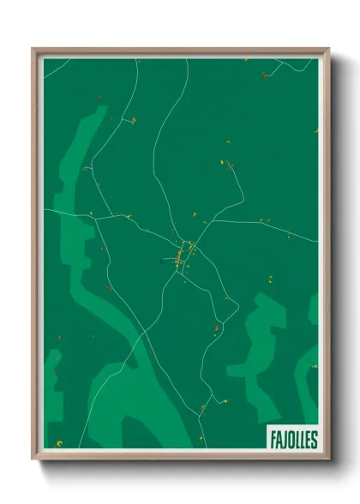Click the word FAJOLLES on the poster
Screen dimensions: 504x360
click(x=291, y=439)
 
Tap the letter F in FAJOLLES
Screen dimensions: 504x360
click(x=271, y=439)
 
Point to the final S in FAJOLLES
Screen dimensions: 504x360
click(x=314, y=439)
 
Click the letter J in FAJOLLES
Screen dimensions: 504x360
click(x=282, y=439)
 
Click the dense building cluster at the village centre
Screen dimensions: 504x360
click(x=182, y=255)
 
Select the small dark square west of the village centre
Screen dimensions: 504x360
click(x=161, y=261)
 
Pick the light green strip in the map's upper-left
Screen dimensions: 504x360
click(x=77, y=154)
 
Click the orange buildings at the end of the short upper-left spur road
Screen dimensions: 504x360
click(x=132, y=121)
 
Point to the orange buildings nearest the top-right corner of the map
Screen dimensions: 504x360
click(x=265, y=75)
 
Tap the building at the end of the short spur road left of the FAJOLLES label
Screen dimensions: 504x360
click(x=228, y=399)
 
